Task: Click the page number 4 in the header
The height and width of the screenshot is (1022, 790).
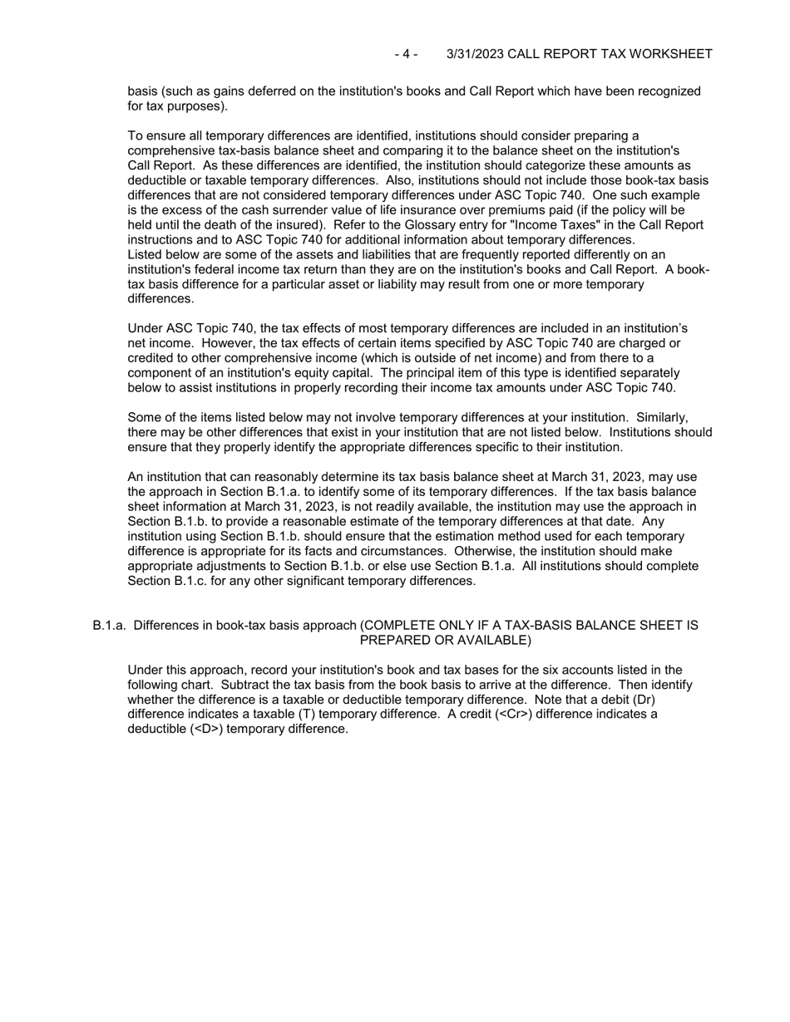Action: coord(406,54)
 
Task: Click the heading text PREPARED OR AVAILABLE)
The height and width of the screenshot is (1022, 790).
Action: coord(445,641)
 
